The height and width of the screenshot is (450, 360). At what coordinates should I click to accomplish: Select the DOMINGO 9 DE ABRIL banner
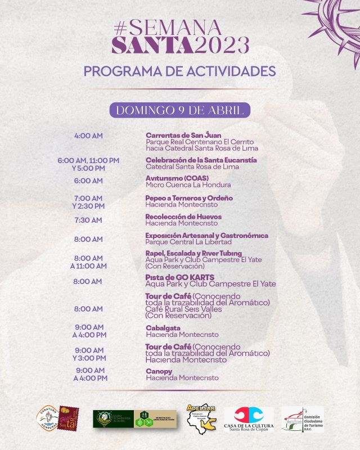pyautogui.click(x=180, y=110)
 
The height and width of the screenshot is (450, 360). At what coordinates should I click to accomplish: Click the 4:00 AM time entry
pyautogui.click(x=88, y=136)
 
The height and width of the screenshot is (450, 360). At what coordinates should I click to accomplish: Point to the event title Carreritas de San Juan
pyautogui.click(x=183, y=135)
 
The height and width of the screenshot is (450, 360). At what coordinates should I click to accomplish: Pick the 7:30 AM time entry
pyautogui.click(x=88, y=220)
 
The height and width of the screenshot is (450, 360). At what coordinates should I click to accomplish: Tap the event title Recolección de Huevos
pyautogui.click(x=183, y=217)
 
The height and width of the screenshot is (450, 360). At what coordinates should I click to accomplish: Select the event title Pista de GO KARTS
pyautogui.click(x=179, y=277)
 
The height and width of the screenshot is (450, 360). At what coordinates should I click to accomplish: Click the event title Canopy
pyautogui.click(x=159, y=371)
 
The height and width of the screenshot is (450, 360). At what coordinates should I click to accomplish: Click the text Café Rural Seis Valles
pyautogui.click(x=183, y=309)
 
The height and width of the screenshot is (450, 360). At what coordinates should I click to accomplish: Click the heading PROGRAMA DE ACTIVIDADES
pyautogui.click(x=179, y=71)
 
